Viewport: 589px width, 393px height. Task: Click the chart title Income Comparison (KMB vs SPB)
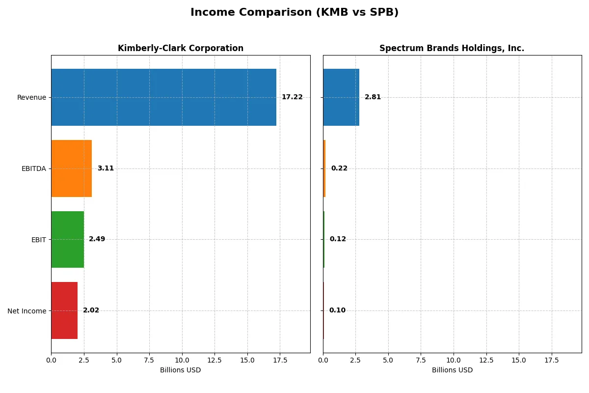[x=294, y=13]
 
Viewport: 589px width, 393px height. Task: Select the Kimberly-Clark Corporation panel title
[x=180, y=49]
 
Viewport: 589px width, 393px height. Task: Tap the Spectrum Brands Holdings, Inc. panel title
[x=452, y=49]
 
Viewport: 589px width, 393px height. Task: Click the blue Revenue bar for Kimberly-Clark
[x=163, y=97]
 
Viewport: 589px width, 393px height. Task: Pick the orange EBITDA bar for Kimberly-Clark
[x=71, y=168]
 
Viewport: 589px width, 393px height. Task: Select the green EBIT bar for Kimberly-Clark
[x=67, y=240]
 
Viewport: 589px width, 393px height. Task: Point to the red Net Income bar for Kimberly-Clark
[x=64, y=310]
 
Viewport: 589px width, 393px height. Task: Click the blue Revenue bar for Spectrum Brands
[x=341, y=97]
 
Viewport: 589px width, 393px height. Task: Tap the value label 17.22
[x=292, y=97]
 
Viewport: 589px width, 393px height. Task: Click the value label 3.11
[x=106, y=168]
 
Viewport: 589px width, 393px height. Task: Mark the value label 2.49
[x=97, y=239]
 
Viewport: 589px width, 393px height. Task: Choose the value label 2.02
[x=91, y=310]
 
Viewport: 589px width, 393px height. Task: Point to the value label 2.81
[x=373, y=97]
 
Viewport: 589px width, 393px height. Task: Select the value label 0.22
[x=339, y=168]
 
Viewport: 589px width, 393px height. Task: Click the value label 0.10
[x=337, y=310]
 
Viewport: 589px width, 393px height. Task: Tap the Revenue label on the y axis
[x=31, y=98]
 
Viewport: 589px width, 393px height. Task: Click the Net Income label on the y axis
[x=27, y=311]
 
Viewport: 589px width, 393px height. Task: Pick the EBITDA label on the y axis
[x=34, y=169]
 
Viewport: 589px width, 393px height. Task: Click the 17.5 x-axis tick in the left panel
[x=280, y=360]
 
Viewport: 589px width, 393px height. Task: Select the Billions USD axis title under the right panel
[x=452, y=370]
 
